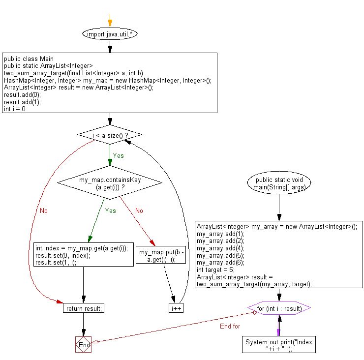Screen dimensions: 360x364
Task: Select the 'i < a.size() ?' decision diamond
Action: click(x=109, y=134)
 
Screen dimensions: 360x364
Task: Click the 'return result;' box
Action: click(x=84, y=308)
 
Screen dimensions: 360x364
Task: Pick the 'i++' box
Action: click(x=176, y=308)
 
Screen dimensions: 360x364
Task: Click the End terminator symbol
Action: click(x=84, y=345)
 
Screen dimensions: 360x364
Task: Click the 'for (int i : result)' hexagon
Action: click(x=279, y=308)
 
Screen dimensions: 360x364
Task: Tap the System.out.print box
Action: click(x=279, y=344)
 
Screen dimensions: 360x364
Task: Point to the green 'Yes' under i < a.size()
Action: click(x=118, y=155)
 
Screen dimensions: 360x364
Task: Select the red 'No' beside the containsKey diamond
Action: click(x=139, y=210)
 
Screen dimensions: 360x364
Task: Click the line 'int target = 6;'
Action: click(x=215, y=270)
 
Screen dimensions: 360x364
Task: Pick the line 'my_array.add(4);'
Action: click(x=216, y=248)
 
